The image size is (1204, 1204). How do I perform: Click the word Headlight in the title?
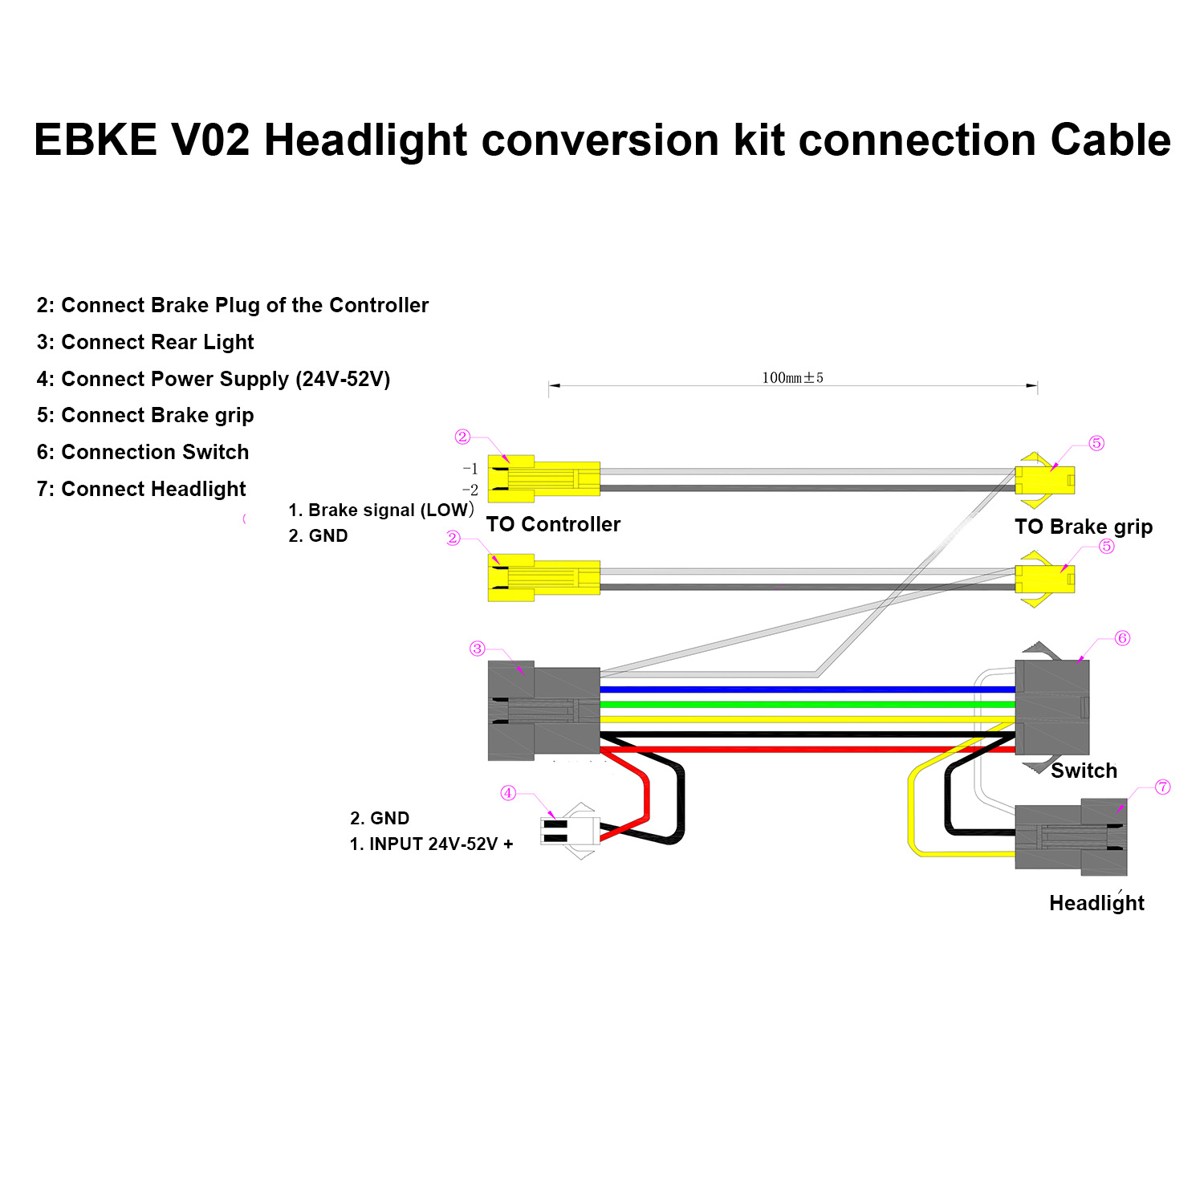coord(365,140)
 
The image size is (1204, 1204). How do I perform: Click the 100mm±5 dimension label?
coord(792,377)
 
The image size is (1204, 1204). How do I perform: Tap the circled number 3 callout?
coord(478,649)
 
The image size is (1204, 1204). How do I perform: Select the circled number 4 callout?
coord(508,793)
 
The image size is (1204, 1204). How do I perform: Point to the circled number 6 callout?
coord(1122,638)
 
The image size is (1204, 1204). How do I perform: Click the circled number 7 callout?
coord(1162,787)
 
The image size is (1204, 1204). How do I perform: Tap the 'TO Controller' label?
coord(553,524)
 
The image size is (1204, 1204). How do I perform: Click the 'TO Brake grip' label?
coord(1083,527)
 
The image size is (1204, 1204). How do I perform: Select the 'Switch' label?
coord(1084,771)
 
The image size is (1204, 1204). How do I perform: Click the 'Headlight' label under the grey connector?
coord(1096,903)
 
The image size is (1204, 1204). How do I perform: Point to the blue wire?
coord(803,689)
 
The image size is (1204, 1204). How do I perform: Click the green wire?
coord(803,704)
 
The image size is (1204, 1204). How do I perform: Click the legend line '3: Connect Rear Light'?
coord(145,342)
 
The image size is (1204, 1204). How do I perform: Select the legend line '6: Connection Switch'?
coord(143,452)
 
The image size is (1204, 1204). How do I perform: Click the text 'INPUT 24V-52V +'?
coord(441,844)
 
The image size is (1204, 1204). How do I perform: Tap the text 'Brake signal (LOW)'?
coord(390,510)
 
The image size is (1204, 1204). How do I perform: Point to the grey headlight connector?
coord(1071,837)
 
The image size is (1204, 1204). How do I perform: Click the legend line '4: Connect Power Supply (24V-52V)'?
coord(214,379)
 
